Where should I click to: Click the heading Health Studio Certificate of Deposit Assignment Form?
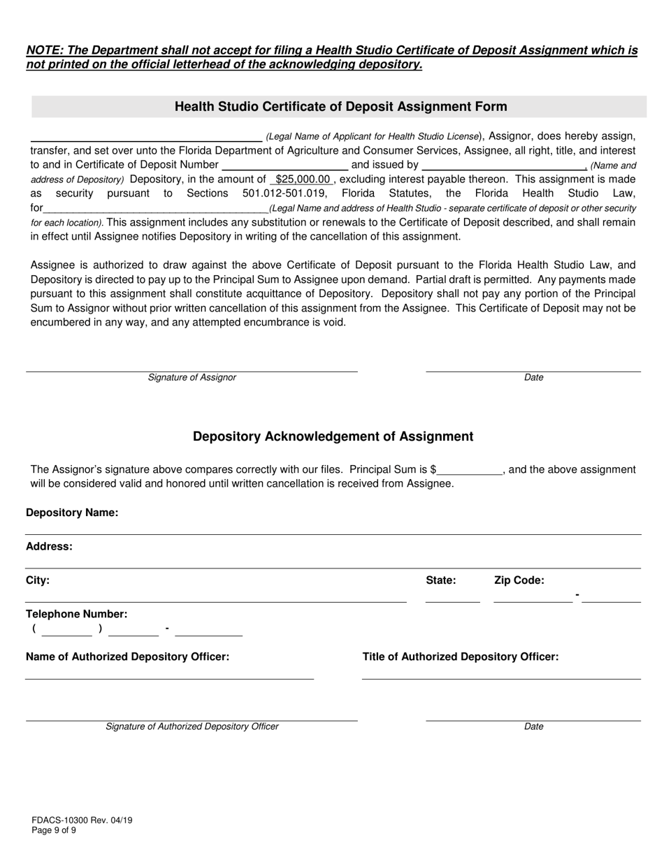point(340,107)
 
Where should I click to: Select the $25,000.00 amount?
point(303,179)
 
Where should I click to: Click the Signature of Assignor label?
point(192,378)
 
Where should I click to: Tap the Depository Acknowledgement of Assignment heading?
point(333,436)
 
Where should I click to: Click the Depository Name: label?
point(72,513)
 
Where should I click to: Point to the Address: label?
point(49,547)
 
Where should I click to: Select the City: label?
point(38,580)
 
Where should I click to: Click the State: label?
point(441,580)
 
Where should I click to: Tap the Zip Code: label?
point(519,580)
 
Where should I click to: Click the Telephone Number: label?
point(77,615)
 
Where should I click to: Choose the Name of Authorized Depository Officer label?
point(127,657)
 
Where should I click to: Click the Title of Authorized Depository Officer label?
point(461,657)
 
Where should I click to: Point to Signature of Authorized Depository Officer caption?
point(192,727)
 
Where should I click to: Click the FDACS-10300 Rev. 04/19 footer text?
point(82,821)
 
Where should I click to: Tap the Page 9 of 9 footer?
point(54,830)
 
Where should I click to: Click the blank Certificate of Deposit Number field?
point(284,165)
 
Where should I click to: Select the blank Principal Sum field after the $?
point(470,470)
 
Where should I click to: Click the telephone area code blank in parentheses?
point(66,629)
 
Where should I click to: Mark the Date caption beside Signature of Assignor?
point(533,378)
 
